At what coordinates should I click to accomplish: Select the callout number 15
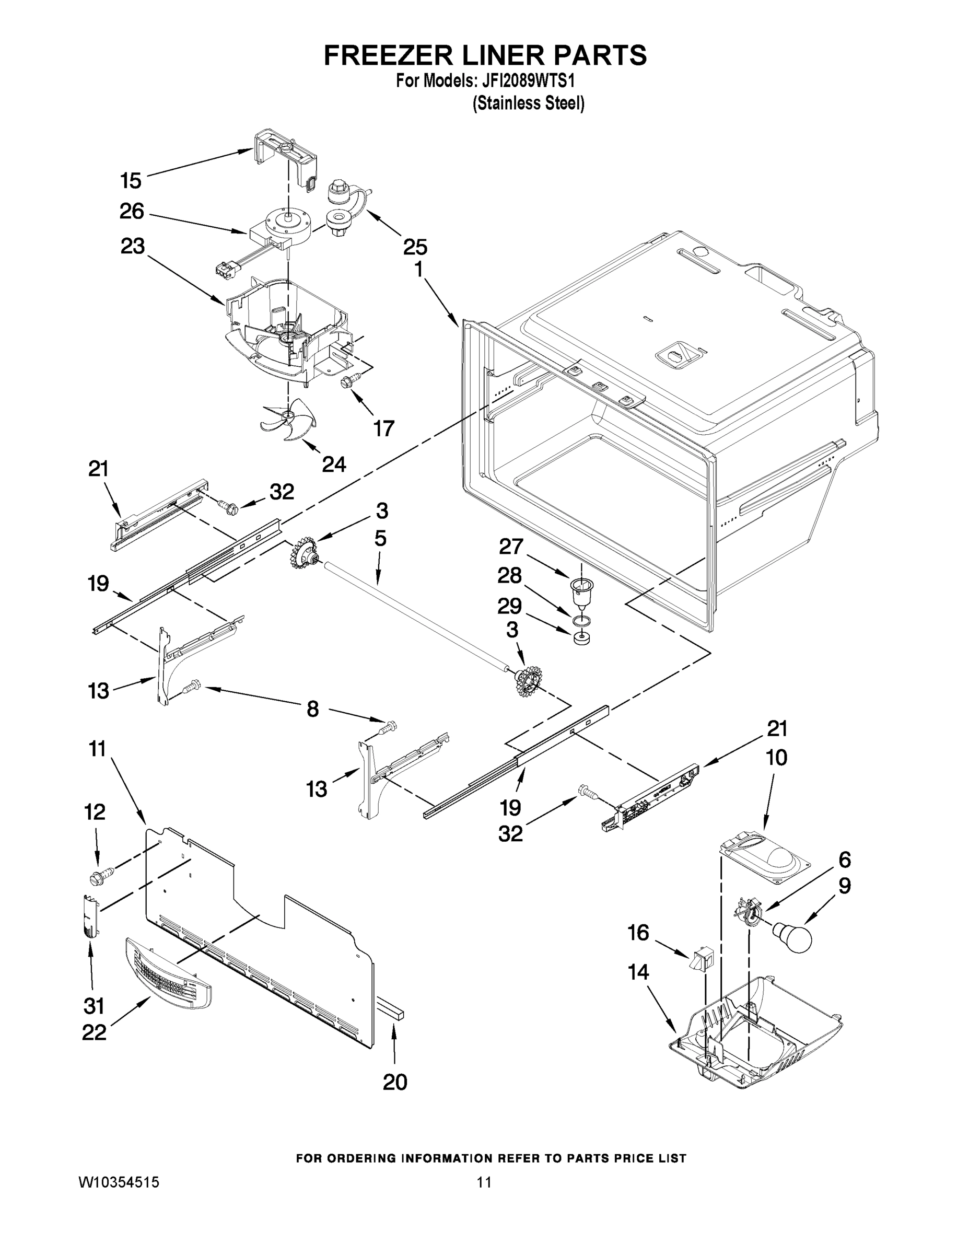pos(131,180)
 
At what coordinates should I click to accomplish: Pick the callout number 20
pos(394,1082)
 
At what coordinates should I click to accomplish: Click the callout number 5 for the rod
pos(380,539)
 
